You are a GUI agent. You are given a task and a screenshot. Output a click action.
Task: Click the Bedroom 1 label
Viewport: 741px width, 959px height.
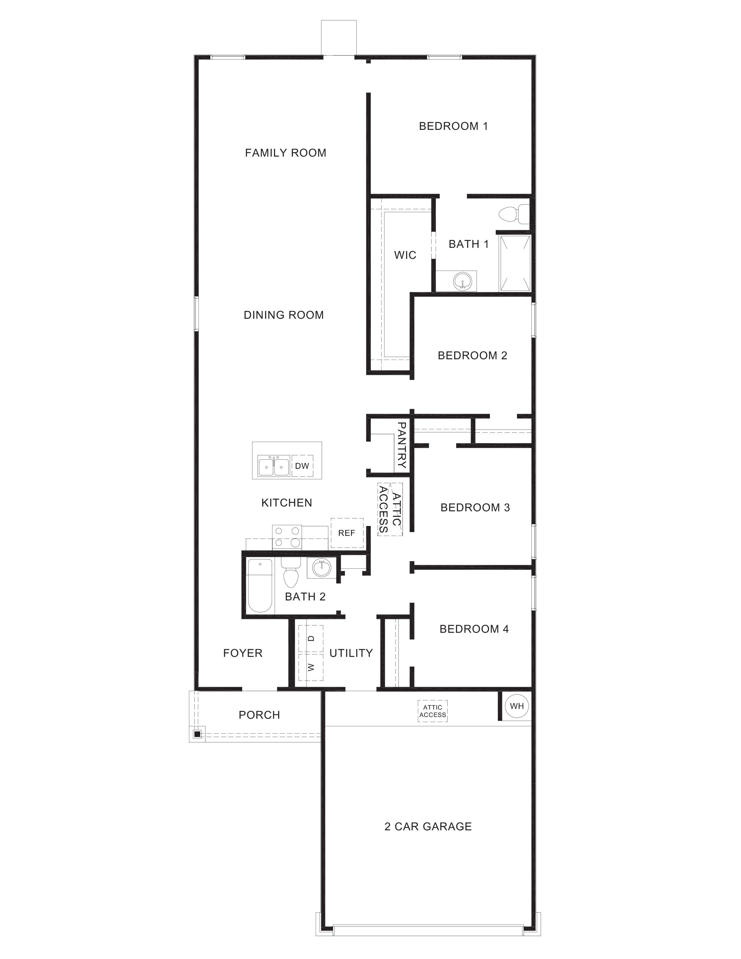453,126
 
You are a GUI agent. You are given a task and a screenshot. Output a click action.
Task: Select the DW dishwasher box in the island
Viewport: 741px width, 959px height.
302,466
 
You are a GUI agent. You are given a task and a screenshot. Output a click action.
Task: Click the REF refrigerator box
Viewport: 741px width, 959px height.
347,533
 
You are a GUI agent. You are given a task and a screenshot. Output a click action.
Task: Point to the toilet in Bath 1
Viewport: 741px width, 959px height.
512,214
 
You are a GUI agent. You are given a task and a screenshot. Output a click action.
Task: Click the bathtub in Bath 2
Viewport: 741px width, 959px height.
259,585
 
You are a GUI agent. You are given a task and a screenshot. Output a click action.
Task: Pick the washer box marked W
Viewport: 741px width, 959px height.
311,667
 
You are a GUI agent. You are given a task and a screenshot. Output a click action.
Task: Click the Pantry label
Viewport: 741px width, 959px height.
401,445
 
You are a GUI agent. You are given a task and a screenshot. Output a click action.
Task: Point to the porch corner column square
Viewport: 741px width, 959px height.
197,734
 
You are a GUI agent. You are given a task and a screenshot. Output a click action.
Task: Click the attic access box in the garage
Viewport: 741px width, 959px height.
432,711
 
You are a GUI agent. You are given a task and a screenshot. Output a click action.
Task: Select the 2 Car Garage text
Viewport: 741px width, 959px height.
428,826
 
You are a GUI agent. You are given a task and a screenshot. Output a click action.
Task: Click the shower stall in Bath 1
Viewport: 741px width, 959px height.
514,263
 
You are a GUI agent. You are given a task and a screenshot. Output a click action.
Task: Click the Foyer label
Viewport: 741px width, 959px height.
242,653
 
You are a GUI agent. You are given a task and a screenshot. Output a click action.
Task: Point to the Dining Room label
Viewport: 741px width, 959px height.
284,315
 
